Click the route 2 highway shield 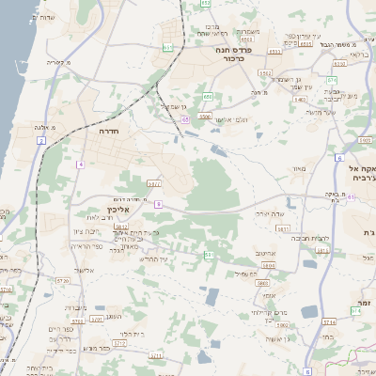tap(40, 141)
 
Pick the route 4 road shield tap(81, 164)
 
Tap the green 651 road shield tap(167, 46)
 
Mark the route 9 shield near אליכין tap(159, 203)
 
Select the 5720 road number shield tap(63, 281)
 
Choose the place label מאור tap(300, 169)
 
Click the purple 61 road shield tap(352, 197)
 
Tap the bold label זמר tap(362, 303)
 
